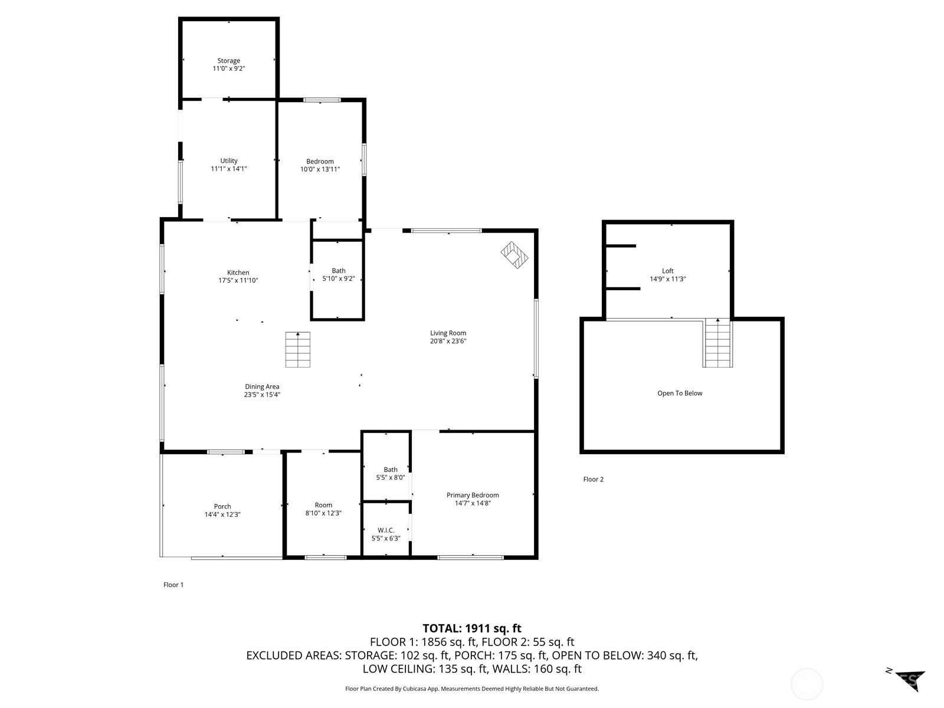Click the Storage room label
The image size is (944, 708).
(x=228, y=61)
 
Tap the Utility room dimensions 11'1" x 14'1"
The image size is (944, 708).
(x=228, y=169)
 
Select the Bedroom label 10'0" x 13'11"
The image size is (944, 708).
(x=320, y=166)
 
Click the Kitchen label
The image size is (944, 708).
(x=238, y=273)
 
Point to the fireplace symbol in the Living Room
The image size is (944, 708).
(x=514, y=254)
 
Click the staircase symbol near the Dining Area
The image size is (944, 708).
(x=297, y=349)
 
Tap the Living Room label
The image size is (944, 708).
(x=448, y=333)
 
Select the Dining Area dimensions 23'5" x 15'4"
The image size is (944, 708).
(x=262, y=395)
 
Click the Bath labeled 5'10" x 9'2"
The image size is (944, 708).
(x=338, y=275)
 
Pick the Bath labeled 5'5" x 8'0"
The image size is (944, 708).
(x=390, y=474)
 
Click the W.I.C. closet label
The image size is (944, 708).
(x=385, y=530)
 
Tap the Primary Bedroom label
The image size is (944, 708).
(x=472, y=495)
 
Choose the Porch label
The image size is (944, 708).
(x=222, y=506)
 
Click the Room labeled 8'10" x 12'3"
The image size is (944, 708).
(x=323, y=509)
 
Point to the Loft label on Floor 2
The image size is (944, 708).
(x=667, y=271)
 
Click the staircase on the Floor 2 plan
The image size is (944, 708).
(x=717, y=343)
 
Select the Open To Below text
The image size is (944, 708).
(x=680, y=393)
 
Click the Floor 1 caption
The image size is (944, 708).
(x=173, y=585)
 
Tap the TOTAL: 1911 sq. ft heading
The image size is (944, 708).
(x=471, y=628)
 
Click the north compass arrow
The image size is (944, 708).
(x=908, y=680)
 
